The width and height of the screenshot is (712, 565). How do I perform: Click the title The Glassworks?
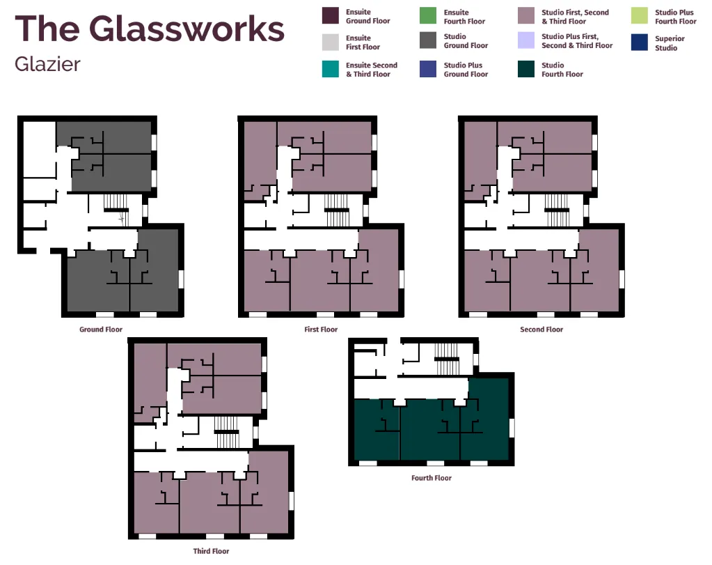pos(150,29)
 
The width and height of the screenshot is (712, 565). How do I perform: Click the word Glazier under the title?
pos(47,64)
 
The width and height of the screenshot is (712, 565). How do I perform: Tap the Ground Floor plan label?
pos(101,329)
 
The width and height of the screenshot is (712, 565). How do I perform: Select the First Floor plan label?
pos(321,329)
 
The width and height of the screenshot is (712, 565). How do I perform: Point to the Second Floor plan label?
pos(541,329)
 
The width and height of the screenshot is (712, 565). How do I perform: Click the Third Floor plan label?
pos(211,551)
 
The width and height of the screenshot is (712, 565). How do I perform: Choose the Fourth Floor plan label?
pos(432,478)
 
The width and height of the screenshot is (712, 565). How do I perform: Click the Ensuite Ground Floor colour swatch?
pos(331,15)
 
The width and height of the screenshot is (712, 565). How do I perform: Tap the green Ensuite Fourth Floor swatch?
pos(428,15)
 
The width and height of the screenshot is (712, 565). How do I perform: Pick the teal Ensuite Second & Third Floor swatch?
pos(331,69)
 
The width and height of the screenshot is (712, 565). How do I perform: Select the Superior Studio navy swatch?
pos(640,42)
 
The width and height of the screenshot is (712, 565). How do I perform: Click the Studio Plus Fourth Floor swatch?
pos(640,15)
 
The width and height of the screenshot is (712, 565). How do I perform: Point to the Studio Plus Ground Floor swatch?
pos(428,69)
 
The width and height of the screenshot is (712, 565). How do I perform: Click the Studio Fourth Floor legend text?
pos(562,70)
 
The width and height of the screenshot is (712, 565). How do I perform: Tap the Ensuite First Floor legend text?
pos(363,42)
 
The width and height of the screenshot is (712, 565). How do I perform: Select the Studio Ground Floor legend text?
pos(466,41)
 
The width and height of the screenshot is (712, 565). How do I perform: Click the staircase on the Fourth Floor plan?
pos(446,359)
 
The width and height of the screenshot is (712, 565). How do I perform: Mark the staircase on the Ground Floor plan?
pos(116,210)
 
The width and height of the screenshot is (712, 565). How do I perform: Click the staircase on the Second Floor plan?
pos(557,210)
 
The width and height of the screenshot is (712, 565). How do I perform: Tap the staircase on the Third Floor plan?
pos(227,432)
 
